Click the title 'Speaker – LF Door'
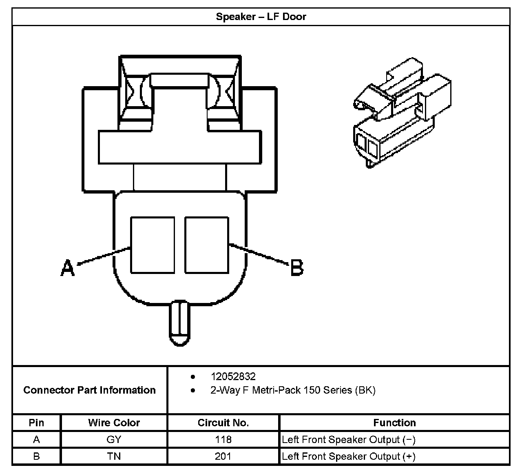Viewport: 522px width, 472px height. click(x=261, y=17)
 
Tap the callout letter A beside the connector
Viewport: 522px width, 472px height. click(x=68, y=268)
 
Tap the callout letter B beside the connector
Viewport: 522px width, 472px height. click(x=297, y=268)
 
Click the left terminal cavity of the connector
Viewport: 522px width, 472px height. click(x=152, y=245)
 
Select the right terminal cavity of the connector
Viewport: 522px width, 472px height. click(x=206, y=245)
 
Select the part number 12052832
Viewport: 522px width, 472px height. click(x=233, y=376)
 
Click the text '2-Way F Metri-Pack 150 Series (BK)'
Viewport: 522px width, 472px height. click(x=293, y=390)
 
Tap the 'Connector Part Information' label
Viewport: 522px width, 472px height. click(x=89, y=390)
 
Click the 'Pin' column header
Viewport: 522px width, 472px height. click(x=36, y=423)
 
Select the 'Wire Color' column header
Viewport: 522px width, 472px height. click(x=114, y=423)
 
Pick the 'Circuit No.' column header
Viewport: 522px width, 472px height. click(x=223, y=423)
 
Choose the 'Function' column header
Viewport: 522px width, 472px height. click(x=394, y=423)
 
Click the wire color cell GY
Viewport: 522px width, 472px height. click(x=114, y=439)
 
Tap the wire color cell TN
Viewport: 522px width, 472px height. click(x=114, y=456)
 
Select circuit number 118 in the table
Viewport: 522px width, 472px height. click(x=223, y=439)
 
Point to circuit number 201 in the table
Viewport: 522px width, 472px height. click(x=223, y=456)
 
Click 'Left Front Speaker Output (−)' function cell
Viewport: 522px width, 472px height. click(x=349, y=440)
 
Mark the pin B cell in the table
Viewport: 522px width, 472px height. click(x=36, y=456)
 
